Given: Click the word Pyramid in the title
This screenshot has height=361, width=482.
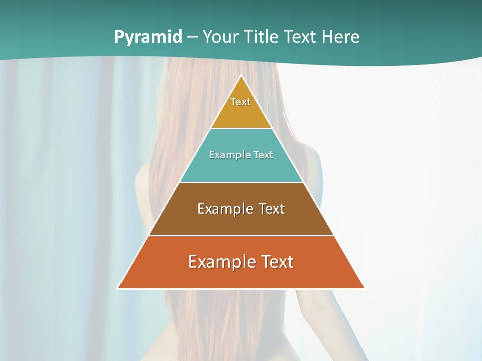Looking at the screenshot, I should [148, 37].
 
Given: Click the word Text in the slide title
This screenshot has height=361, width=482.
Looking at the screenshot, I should [301, 37].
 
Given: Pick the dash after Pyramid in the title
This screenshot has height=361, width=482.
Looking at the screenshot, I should [192, 37].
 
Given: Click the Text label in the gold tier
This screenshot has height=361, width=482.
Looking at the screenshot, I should [240, 102].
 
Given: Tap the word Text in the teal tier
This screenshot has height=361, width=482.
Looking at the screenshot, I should [264, 155].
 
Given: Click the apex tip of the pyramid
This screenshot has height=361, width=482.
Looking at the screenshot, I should [241, 76].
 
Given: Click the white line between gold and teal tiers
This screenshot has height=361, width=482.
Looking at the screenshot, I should [241, 128].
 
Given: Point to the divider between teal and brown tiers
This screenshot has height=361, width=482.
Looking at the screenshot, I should [241, 182].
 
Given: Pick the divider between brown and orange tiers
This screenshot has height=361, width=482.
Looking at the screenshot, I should [241, 235].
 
